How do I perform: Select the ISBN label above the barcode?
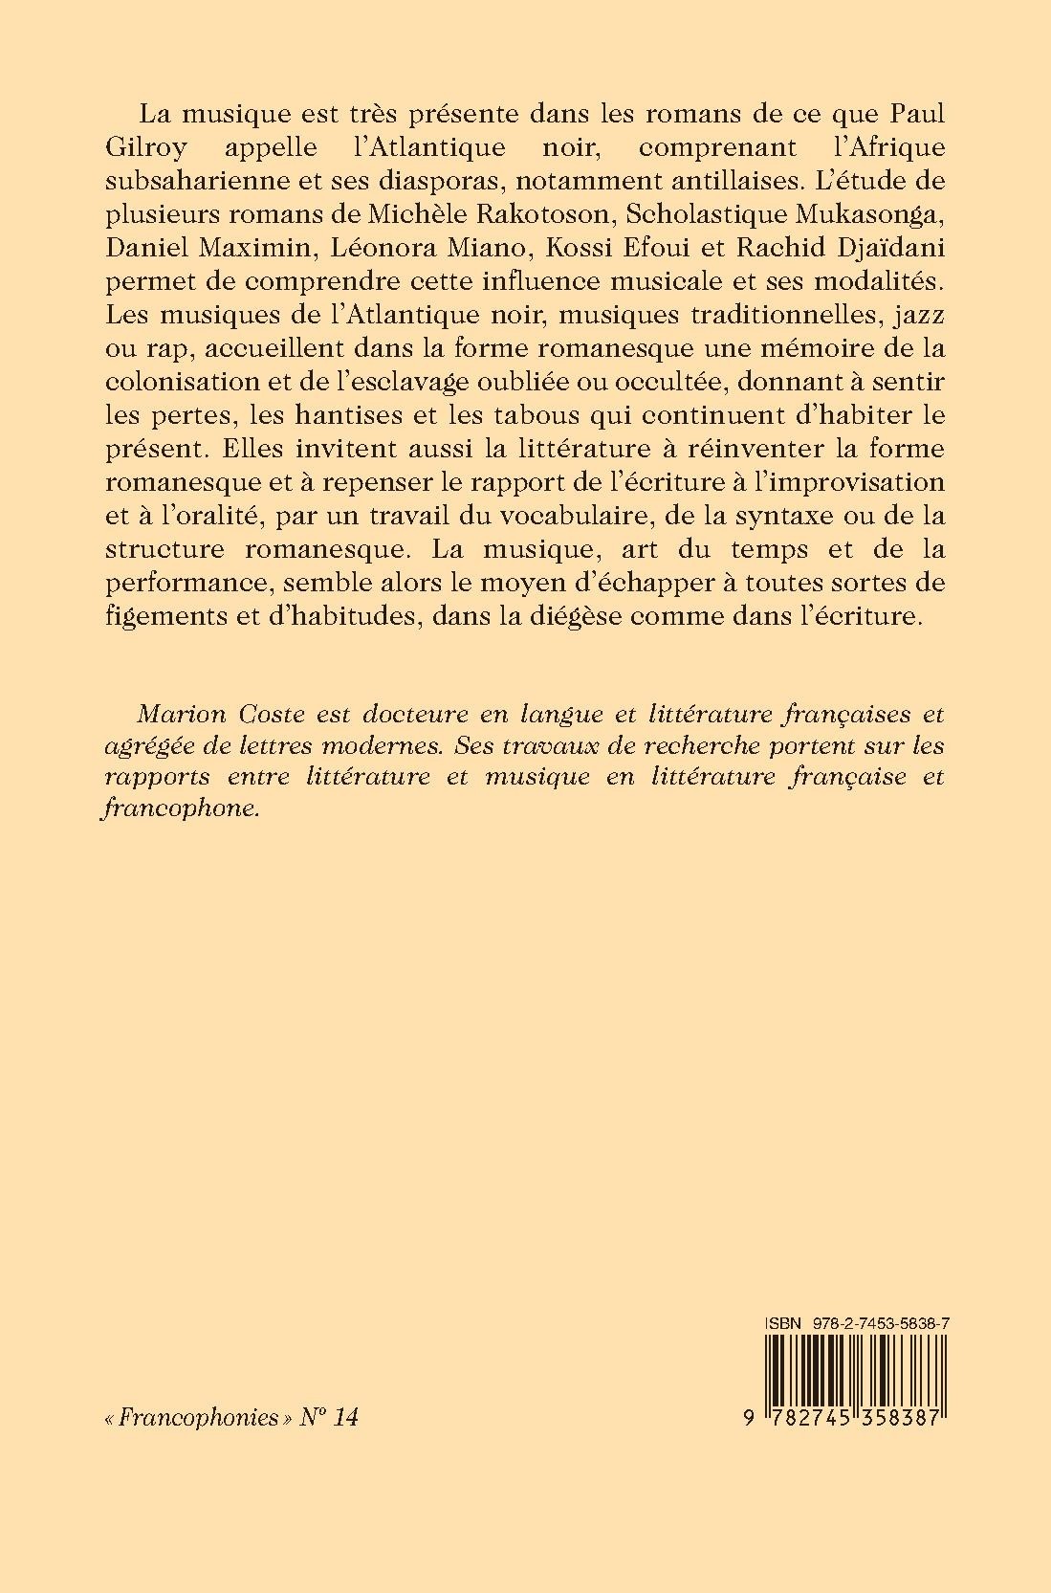pyautogui.click(x=780, y=1321)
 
